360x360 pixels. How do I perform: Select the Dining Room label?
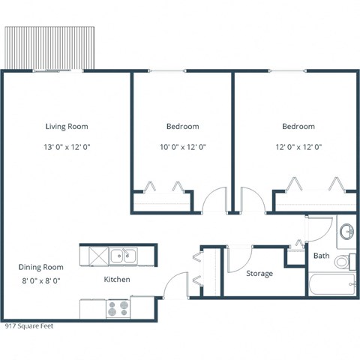click(41, 267)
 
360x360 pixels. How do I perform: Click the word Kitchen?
click(117, 280)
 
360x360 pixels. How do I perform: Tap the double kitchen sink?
click(124, 256)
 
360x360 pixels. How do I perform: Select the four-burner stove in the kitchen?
click(118, 308)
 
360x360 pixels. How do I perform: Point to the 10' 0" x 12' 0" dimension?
click(182, 147)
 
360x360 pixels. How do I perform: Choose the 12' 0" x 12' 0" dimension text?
click(298, 147)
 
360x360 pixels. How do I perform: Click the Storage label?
click(259, 274)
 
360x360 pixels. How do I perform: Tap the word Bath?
click(321, 256)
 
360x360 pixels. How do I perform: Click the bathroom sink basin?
click(347, 232)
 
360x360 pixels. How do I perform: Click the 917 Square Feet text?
click(29, 326)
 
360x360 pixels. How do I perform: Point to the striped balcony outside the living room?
click(51, 46)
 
